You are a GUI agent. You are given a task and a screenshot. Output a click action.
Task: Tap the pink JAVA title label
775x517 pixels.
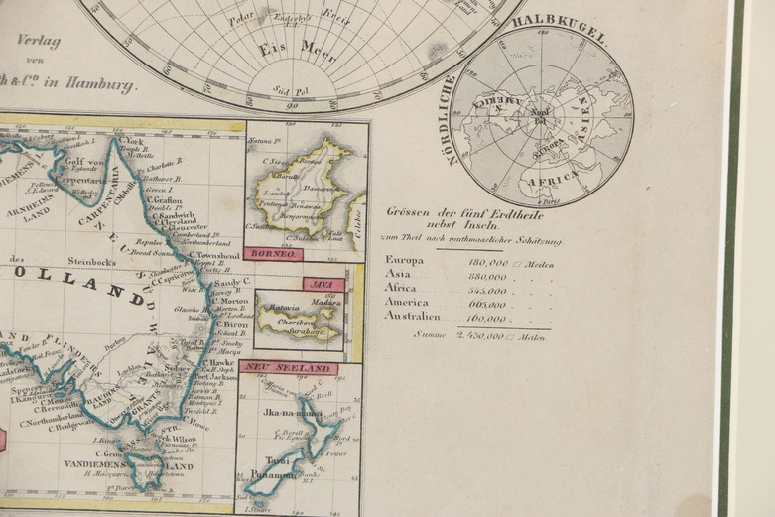324,285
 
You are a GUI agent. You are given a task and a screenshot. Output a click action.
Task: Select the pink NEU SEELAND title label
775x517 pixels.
288,368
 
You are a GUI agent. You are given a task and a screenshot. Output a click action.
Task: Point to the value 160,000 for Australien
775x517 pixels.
484,319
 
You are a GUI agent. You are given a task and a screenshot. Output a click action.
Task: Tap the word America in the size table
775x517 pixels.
407,303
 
